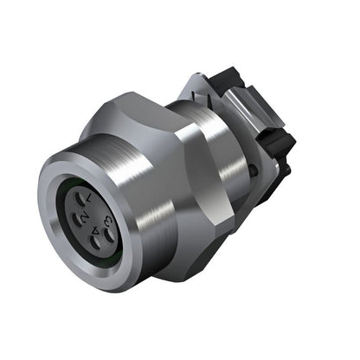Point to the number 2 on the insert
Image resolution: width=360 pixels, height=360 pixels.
(x=86, y=219)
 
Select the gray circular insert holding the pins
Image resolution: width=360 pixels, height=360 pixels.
(x=96, y=220)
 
